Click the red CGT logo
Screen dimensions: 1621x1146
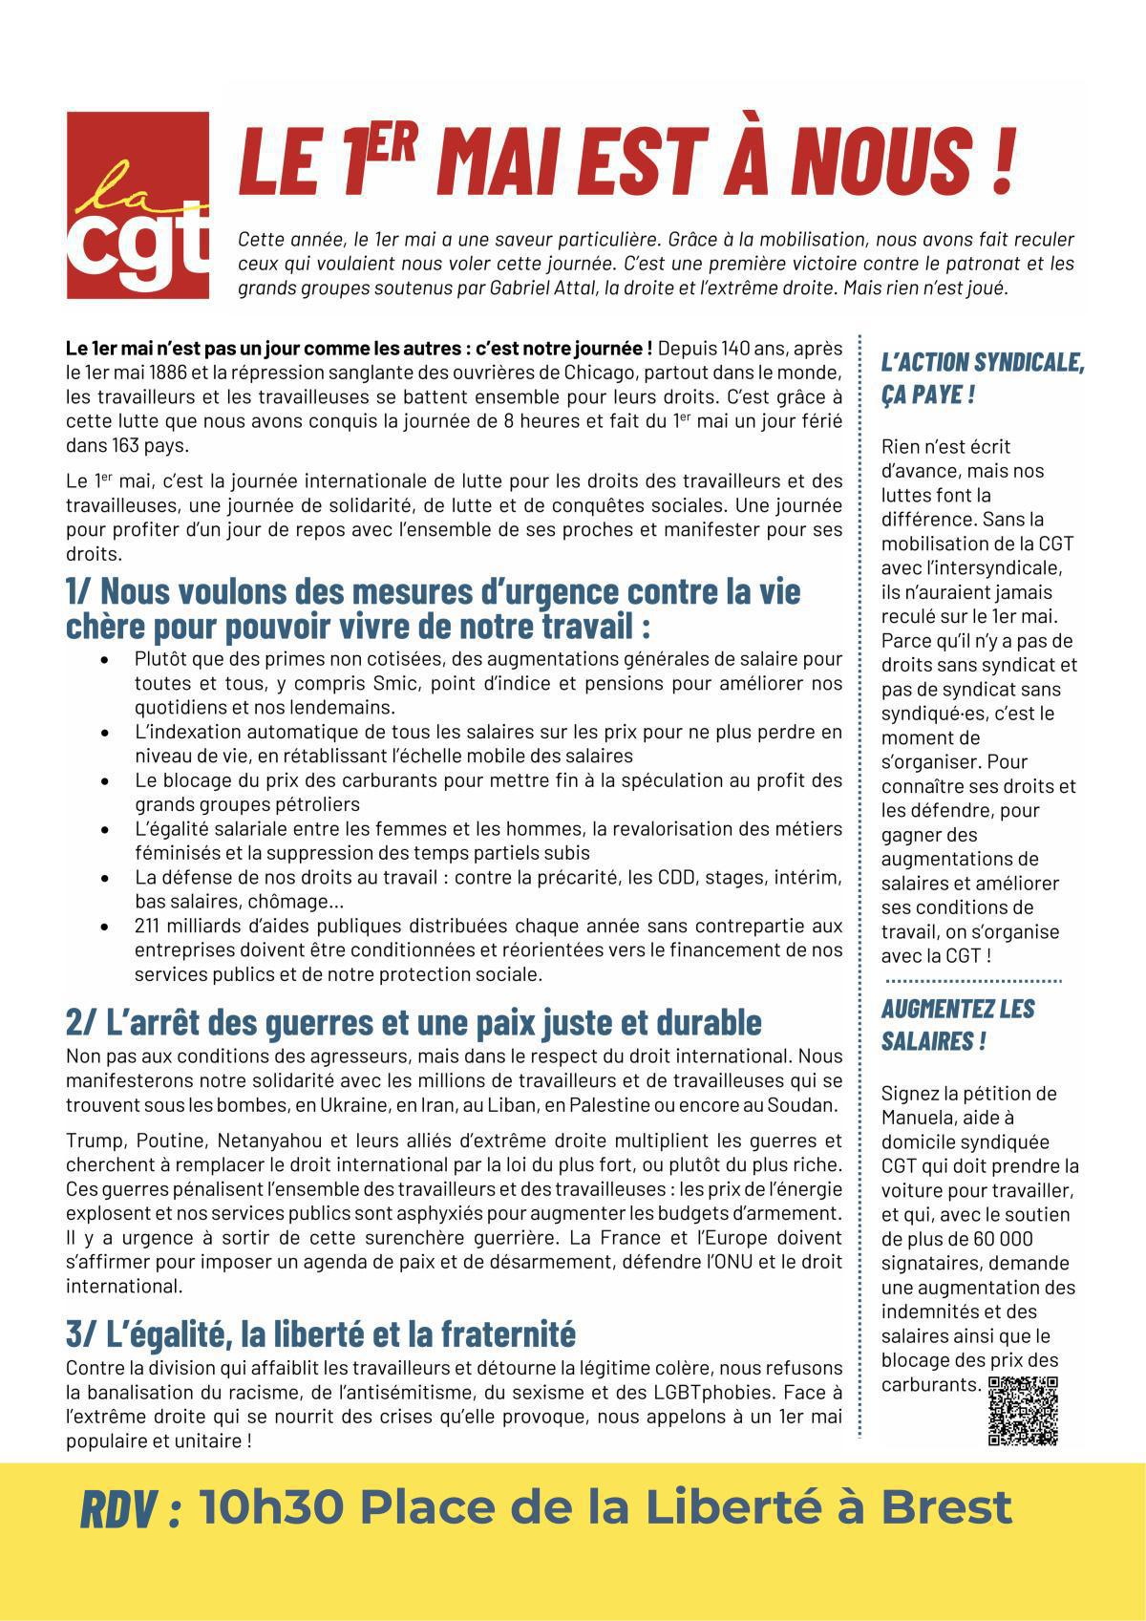click(138, 205)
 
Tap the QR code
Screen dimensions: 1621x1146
click(1023, 1411)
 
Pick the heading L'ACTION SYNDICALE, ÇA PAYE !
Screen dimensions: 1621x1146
click(982, 377)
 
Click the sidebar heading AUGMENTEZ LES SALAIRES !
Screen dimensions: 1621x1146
click(958, 1024)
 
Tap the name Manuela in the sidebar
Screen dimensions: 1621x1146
click(918, 1117)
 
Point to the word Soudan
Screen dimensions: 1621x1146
click(809, 1105)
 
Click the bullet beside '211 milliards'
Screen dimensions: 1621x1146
click(103, 926)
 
